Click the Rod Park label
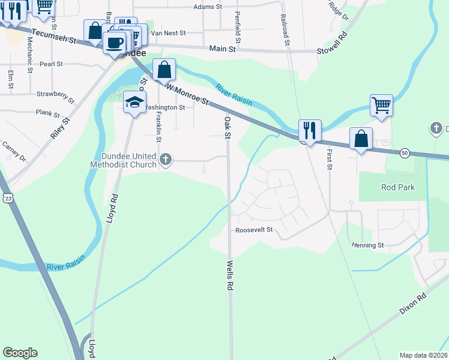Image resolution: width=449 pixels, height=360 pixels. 398,187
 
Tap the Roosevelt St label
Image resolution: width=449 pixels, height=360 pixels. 254,230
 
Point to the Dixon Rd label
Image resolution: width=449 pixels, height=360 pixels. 413,304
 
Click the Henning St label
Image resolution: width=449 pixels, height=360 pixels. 368,245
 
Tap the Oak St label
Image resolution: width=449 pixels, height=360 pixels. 228,127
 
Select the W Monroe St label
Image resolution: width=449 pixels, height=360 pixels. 188,94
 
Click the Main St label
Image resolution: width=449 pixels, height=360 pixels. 222,49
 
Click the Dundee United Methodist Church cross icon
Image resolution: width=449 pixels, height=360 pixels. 166,160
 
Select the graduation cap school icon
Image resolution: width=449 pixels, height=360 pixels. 134,102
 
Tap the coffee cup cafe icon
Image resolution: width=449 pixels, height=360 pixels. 115,43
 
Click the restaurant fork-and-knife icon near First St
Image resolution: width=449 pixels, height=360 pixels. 310,130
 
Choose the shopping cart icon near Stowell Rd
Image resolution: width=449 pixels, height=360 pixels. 381,106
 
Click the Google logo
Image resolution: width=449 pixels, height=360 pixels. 20,353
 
